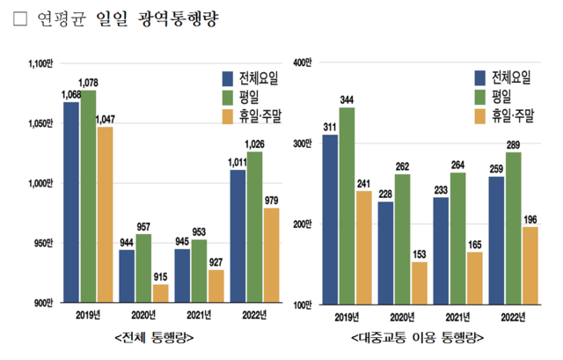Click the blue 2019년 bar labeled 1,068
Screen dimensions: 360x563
pos(71,202)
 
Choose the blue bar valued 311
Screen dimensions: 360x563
pos(330,219)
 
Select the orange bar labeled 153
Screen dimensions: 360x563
pos(419,283)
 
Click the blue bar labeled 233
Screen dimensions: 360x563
pos(441,251)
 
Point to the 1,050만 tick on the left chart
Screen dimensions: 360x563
pos(40,124)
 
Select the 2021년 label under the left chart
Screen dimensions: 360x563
pos(197,314)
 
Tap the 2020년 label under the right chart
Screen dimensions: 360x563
pos(401,316)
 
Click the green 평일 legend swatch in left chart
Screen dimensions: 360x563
pos(228,96)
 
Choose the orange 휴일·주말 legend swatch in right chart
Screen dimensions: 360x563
pos(480,115)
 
